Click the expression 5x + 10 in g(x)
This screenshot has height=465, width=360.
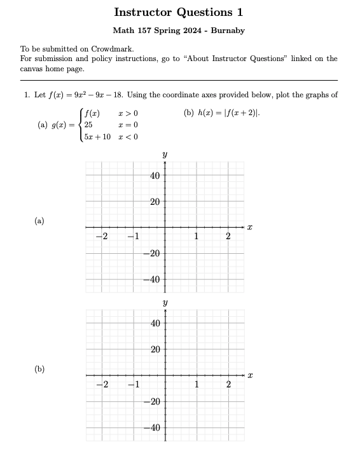(x=97, y=137)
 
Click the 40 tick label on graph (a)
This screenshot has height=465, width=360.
(x=155, y=176)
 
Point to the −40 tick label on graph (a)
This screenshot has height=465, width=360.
(x=153, y=280)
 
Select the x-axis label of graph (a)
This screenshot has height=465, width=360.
(x=250, y=227)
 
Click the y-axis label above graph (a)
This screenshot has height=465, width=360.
(x=165, y=155)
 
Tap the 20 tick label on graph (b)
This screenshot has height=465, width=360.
(x=155, y=349)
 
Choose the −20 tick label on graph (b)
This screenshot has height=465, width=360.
(x=153, y=401)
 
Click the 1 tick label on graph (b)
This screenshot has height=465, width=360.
(x=197, y=384)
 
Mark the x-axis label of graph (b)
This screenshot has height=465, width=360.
(x=250, y=375)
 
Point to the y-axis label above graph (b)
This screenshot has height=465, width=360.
(x=165, y=303)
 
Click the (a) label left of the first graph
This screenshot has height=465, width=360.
(x=39, y=221)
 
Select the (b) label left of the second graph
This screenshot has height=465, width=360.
(x=39, y=369)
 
